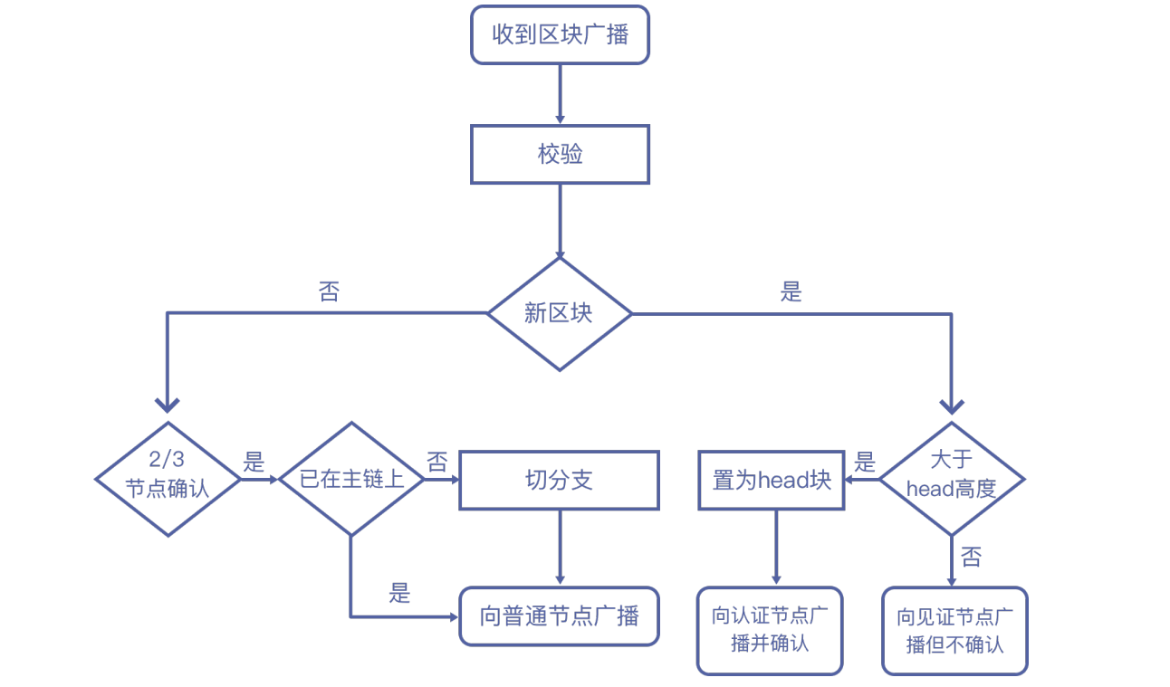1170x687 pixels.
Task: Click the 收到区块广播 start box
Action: [x=560, y=35]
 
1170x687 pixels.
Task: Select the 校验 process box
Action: [x=560, y=155]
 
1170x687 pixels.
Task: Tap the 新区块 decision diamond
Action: [x=560, y=314]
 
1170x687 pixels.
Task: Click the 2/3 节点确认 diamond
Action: [x=168, y=479]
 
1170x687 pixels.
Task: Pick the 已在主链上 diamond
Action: [x=351, y=479]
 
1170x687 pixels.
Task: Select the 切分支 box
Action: [x=560, y=480]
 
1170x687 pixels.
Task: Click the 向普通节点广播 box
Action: [x=560, y=616]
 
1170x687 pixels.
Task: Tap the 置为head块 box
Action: [x=772, y=480]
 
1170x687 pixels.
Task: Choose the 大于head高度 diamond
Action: [x=952, y=479]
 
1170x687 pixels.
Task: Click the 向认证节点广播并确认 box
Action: [x=770, y=631]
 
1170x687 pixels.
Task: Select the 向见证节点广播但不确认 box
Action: [x=954, y=631]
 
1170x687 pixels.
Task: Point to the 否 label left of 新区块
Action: [x=329, y=291]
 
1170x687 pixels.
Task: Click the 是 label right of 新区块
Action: [x=791, y=291]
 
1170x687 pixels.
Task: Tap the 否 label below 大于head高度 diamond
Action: [x=971, y=557]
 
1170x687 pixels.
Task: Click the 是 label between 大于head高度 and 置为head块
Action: [x=866, y=463]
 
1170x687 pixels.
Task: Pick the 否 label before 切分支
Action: [x=437, y=463]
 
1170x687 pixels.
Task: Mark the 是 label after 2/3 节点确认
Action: [x=254, y=463]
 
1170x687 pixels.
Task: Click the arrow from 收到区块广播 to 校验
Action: [x=560, y=94]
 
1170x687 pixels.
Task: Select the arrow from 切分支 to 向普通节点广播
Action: [x=560, y=547]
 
